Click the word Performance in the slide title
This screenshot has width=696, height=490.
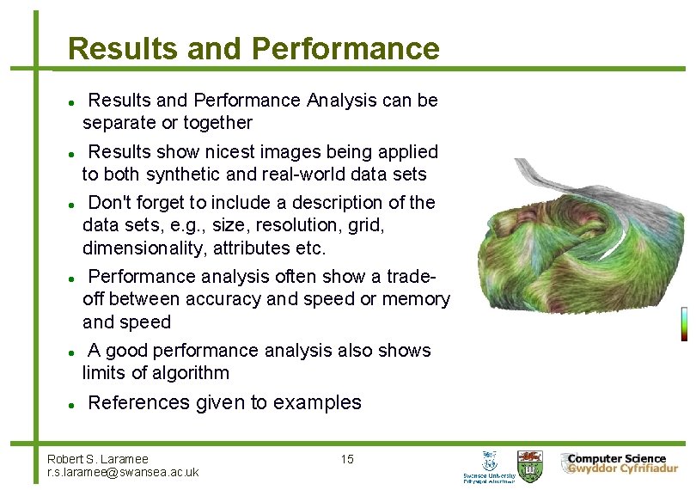(345, 49)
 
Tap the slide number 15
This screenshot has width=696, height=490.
(347, 459)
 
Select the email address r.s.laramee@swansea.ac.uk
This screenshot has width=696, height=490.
(123, 472)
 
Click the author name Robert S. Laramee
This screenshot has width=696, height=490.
(98, 459)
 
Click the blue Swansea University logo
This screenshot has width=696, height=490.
(490, 465)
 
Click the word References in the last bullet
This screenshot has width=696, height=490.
(139, 402)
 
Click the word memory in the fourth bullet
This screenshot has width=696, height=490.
(418, 299)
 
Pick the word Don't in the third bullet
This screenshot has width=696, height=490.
(109, 203)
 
